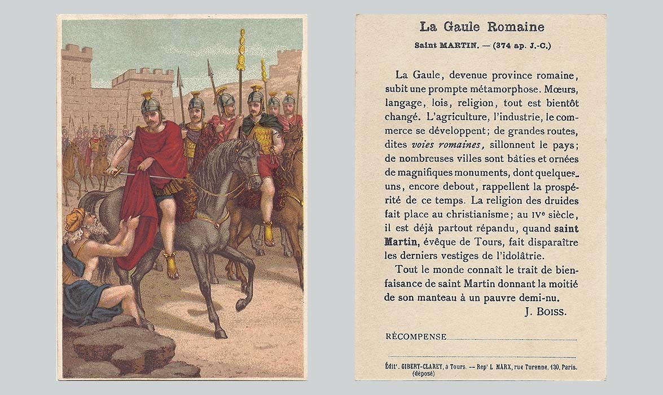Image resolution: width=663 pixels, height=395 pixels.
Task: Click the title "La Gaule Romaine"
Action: click(481, 27)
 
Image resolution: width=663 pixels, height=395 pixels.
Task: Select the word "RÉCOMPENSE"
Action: click(416, 336)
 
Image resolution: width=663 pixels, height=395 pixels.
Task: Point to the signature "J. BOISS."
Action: click(545, 311)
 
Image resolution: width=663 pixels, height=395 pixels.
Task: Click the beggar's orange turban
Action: click(74, 219)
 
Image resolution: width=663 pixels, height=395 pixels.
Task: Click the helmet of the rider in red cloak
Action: click(151, 104)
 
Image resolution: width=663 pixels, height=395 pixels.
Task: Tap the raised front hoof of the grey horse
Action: click(242, 305)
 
